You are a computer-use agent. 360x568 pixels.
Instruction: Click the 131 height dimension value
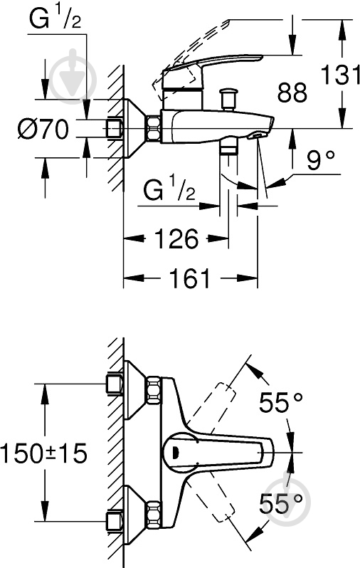(341, 75)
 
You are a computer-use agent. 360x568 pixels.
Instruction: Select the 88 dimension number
(292, 93)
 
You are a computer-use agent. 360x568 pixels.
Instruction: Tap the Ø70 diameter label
(43, 129)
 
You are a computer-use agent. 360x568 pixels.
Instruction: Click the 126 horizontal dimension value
(176, 238)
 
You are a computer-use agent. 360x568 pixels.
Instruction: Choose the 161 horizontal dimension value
(190, 278)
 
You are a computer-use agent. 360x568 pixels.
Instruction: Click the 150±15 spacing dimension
(43, 453)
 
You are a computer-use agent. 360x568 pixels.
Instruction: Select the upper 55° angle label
(281, 402)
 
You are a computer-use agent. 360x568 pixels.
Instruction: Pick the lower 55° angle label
(281, 503)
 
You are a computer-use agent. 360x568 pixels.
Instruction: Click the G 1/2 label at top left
(55, 19)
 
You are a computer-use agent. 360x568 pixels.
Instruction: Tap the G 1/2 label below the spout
(169, 191)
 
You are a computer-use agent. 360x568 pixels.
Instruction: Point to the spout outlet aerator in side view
(256, 136)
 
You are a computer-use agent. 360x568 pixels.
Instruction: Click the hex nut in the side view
(154, 128)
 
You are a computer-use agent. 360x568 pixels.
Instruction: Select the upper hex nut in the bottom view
(154, 390)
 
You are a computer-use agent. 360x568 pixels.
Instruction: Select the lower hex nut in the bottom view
(154, 514)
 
